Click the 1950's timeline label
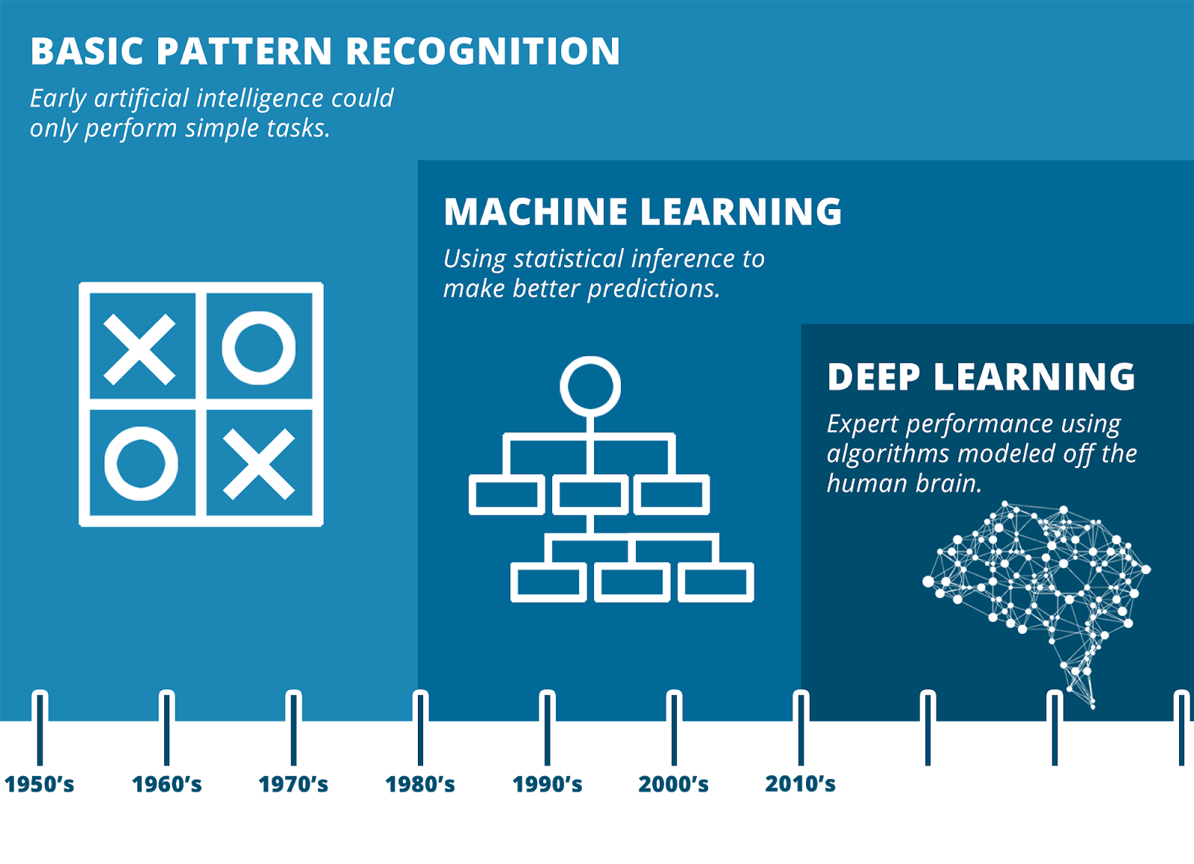coord(40,784)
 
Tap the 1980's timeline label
coord(420,784)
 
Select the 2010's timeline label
coord(800,784)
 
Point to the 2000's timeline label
coord(673,784)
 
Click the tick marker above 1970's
coord(294,730)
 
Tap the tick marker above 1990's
coord(547,730)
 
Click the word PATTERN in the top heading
coord(244,52)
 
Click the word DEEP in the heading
coord(873,377)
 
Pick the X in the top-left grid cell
coord(140,349)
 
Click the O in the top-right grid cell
coord(258,348)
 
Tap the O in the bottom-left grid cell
coord(141,463)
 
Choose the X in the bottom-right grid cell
coord(258,464)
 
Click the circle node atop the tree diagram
coord(590,386)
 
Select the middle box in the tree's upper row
coord(590,494)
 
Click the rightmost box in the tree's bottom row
coord(715,582)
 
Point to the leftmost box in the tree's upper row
coord(506,494)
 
